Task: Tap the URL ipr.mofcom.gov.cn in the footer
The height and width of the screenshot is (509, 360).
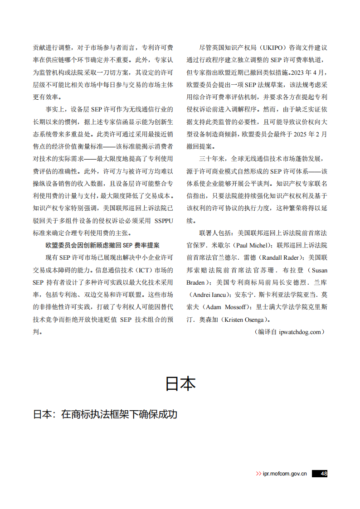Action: coord(285,474)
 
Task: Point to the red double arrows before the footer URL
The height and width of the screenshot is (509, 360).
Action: coord(259,474)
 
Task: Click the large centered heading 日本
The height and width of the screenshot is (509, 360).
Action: coord(180,383)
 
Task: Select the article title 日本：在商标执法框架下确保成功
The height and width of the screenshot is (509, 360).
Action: coord(105,415)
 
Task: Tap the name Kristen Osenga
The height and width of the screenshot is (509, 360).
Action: coord(244,320)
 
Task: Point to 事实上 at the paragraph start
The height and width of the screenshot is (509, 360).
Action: coord(54,109)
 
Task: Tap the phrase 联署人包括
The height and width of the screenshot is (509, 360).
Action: coord(215,233)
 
